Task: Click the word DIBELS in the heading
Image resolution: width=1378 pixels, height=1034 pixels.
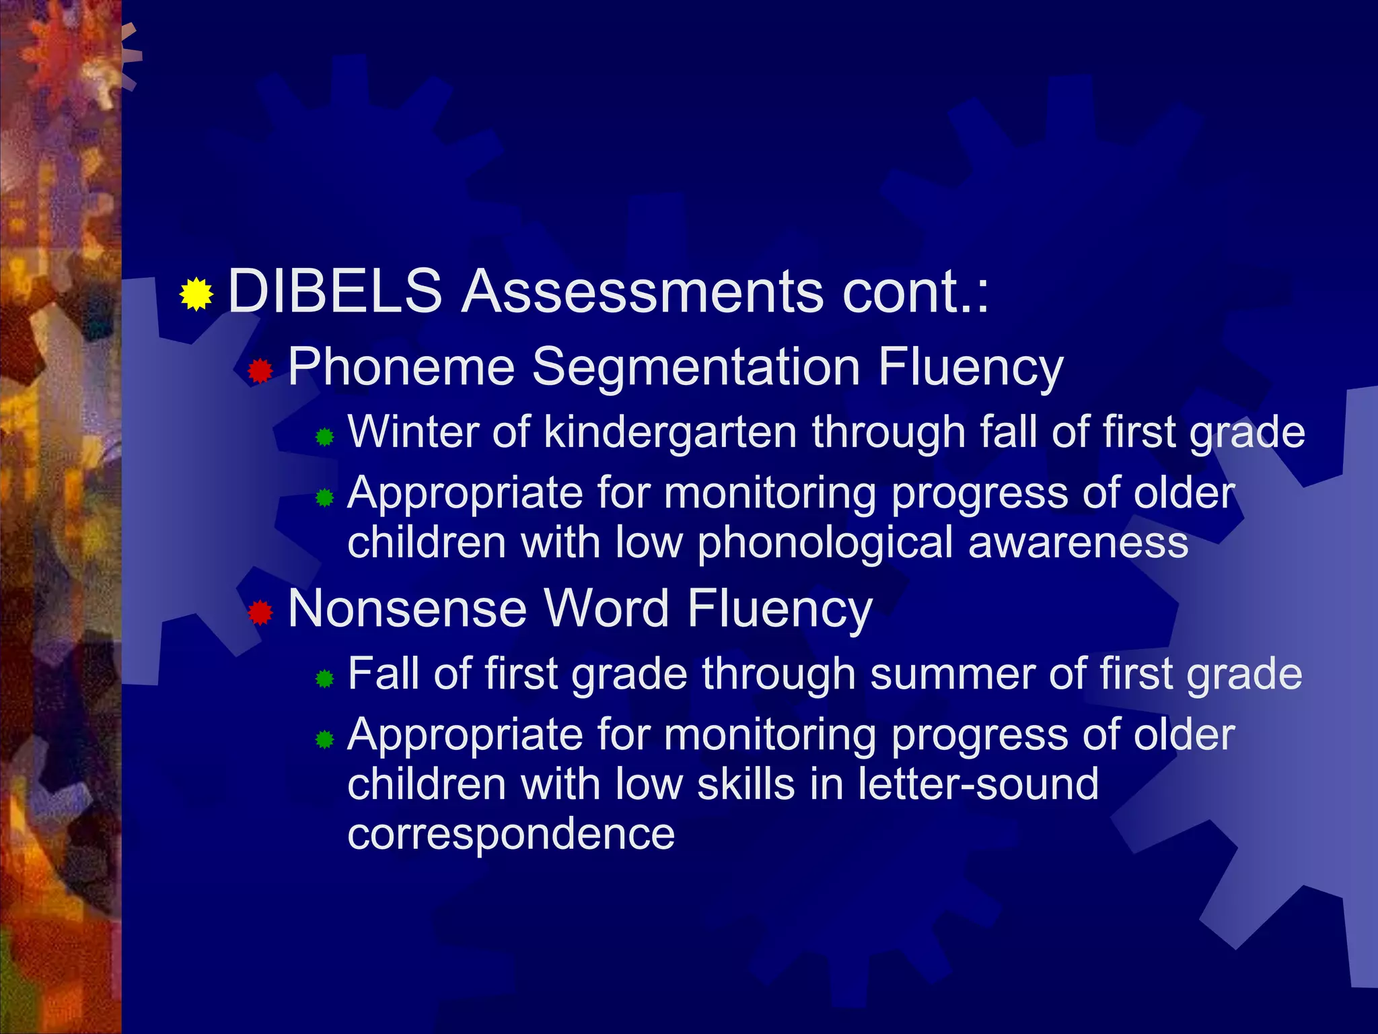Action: tap(335, 291)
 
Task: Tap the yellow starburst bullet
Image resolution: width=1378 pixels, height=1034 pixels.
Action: tap(196, 294)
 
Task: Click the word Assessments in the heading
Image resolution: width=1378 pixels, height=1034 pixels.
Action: tap(642, 291)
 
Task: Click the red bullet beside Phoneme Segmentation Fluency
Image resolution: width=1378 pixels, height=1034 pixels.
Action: tap(260, 370)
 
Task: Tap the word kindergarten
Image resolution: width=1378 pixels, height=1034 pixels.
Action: tap(670, 432)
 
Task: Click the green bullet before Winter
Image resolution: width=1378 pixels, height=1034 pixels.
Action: tap(325, 438)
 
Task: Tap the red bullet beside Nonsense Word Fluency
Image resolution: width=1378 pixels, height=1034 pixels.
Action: tap(260, 613)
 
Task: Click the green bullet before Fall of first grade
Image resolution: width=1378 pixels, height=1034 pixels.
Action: tap(325, 679)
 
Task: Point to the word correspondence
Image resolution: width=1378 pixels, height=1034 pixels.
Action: tap(511, 834)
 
